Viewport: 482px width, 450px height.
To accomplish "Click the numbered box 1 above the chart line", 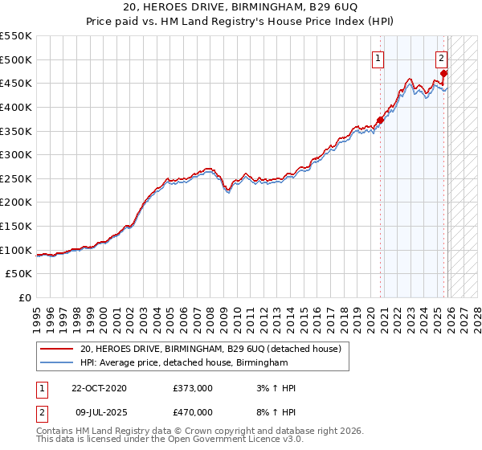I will coord(377,57).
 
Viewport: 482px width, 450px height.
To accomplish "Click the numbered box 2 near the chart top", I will coord(442,57).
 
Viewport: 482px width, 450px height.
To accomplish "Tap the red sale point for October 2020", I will coord(380,120).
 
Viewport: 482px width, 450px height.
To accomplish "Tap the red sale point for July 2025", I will coord(443,73).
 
